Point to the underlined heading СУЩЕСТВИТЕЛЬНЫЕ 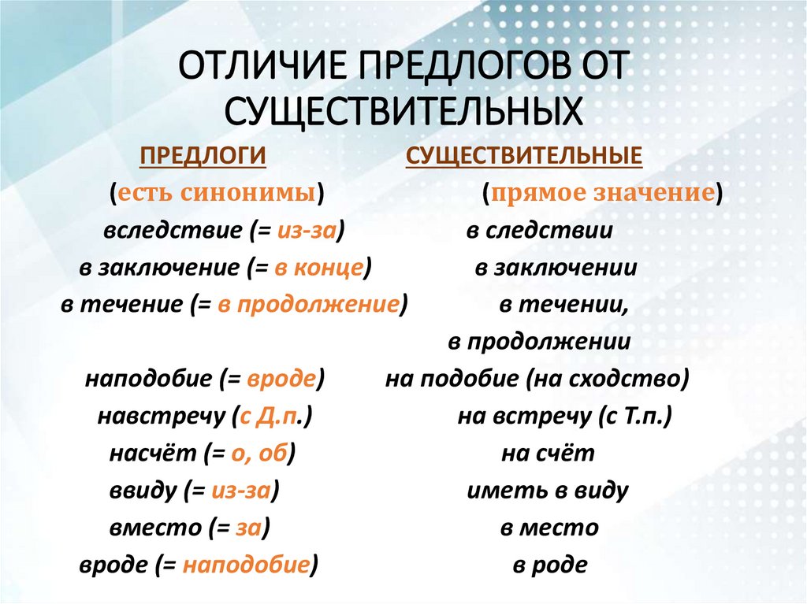tap(524, 156)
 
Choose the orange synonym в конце tap(318, 268)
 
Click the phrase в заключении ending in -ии tap(556, 268)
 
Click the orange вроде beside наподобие tap(281, 380)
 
